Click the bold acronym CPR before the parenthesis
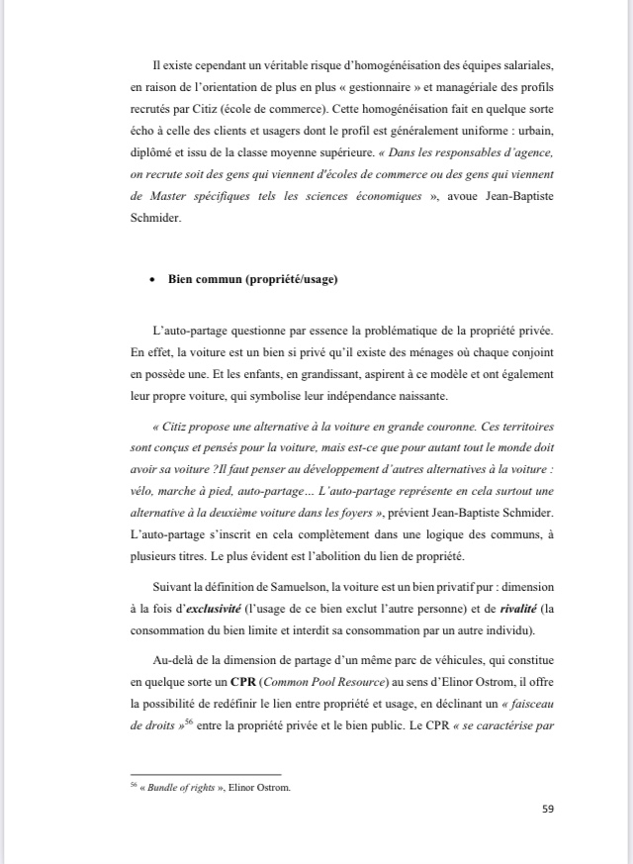point(243,682)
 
